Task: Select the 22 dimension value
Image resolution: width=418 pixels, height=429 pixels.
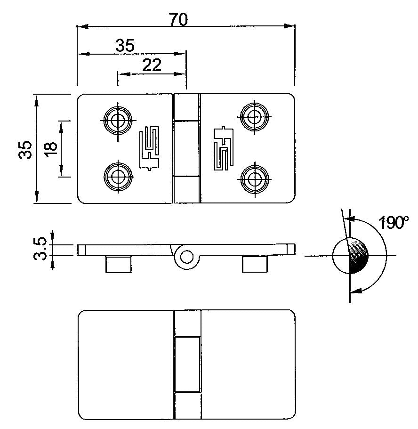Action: click(152, 65)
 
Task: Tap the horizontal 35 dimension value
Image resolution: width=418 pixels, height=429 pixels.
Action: click(125, 46)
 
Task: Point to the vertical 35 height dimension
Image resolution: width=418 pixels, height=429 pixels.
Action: click(25, 149)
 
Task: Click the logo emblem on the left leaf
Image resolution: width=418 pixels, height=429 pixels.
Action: click(150, 148)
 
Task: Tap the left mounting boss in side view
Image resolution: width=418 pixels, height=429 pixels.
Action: click(117, 264)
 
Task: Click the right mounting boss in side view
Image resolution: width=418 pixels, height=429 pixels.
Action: click(255, 264)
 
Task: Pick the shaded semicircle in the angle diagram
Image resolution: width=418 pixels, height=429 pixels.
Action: click(359, 256)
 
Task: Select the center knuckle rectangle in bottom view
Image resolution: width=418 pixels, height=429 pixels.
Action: click(187, 364)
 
